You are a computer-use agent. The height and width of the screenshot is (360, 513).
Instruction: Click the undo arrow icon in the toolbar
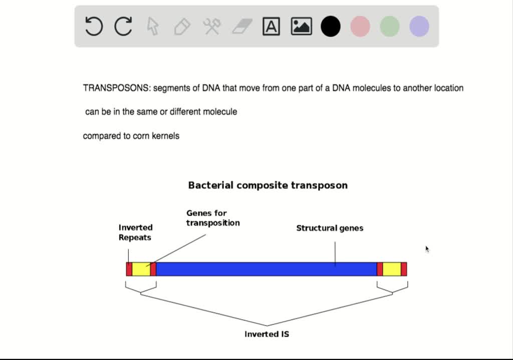pos(94,27)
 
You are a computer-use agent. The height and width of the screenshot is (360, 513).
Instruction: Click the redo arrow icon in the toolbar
pos(123,27)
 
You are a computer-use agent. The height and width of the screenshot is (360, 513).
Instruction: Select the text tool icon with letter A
pos(271,27)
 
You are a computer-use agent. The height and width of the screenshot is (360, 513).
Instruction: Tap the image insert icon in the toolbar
pos(301,27)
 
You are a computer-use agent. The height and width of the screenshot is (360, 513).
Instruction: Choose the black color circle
pos(331,27)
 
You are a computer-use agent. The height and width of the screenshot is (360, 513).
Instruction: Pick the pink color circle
pos(360,27)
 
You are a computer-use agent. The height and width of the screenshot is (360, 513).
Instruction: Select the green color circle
pos(390,27)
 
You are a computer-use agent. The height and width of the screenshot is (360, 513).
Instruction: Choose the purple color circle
pos(419,27)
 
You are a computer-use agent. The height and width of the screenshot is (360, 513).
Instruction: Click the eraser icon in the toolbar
pos(242,27)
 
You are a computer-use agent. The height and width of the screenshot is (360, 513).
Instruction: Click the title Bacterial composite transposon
pos(268,186)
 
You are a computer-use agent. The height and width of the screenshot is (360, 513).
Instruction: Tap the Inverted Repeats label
pos(135,233)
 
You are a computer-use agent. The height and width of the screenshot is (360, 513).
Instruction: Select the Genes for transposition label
pos(213,218)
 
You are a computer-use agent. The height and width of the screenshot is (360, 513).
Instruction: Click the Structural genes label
pos(330,228)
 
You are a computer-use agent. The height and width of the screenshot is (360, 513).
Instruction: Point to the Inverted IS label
pos(267,334)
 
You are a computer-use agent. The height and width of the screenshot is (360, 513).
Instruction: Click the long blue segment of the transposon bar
pos(266,269)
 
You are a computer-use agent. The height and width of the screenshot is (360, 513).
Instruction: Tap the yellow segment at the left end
pos(141,269)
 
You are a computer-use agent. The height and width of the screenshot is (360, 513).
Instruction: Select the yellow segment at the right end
pos(392,269)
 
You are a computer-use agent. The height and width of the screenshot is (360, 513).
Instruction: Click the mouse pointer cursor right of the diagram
pos(427,249)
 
